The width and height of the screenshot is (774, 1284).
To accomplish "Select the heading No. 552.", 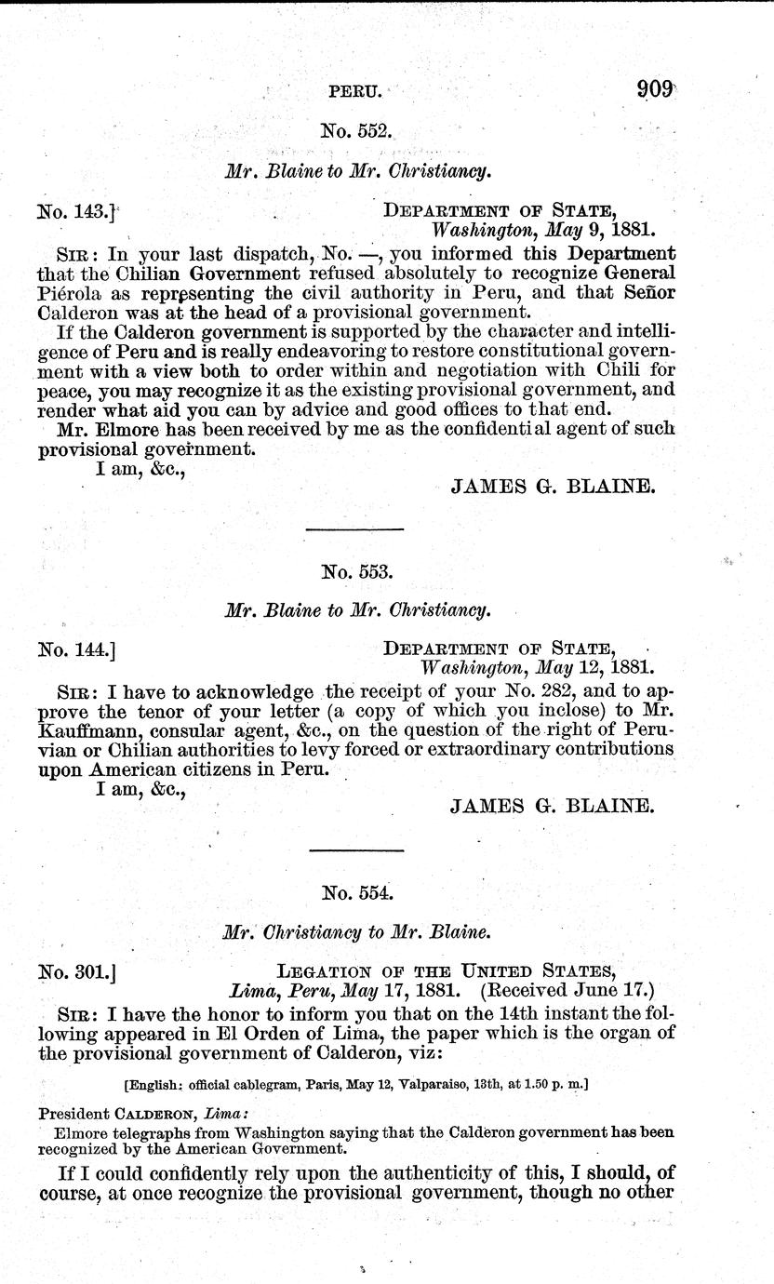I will (356, 132).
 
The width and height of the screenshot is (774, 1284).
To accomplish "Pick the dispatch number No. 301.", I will (74, 973).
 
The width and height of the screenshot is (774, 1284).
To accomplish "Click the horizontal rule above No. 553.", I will (354, 529).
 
